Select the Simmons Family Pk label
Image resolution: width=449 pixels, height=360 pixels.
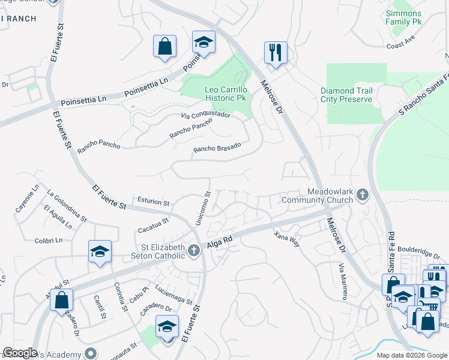point(403,17)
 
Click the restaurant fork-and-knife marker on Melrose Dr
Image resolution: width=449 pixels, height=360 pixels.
point(276,52)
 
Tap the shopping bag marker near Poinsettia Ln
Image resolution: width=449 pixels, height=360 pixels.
point(164,47)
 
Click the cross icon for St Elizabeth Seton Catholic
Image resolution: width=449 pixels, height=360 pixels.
point(193,251)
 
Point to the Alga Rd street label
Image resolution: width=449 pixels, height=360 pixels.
point(219,242)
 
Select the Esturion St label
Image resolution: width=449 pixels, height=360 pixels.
point(154,202)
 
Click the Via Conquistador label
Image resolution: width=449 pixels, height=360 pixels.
point(206,115)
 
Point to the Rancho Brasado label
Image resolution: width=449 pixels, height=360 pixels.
point(217,148)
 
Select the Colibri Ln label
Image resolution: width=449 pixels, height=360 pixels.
point(49,241)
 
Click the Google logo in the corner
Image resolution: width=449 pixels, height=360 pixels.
point(20,353)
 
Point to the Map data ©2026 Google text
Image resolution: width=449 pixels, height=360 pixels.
point(411,355)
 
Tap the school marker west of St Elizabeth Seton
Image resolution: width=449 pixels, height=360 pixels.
point(100,252)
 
